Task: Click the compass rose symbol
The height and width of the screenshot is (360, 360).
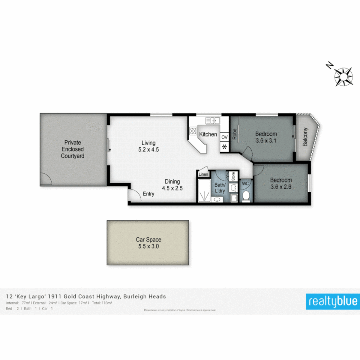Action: pyautogui.click(x=344, y=76)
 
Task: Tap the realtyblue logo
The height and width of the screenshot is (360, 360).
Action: pyautogui.click(x=333, y=301)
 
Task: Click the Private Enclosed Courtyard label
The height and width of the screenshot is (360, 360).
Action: pyautogui.click(x=72, y=149)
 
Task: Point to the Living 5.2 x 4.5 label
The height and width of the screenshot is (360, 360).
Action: pyautogui.click(x=148, y=146)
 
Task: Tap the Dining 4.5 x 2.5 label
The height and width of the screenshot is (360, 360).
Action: pyautogui.click(x=172, y=185)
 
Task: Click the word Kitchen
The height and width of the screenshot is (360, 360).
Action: pyautogui.click(x=208, y=135)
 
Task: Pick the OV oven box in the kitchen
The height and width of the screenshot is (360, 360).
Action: pyautogui.click(x=224, y=137)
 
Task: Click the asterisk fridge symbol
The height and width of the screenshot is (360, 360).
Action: pyautogui.click(x=224, y=147)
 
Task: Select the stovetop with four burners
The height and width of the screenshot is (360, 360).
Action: pyautogui.click(x=193, y=131)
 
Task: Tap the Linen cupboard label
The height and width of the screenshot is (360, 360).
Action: pyautogui.click(x=203, y=174)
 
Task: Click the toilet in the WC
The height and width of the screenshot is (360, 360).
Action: pyautogui.click(x=246, y=196)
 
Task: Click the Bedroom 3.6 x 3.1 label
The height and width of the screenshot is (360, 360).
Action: pyautogui.click(x=266, y=137)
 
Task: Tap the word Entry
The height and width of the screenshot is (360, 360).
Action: pyautogui.click(x=149, y=194)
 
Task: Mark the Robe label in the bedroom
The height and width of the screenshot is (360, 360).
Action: pyautogui.click(x=234, y=134)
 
